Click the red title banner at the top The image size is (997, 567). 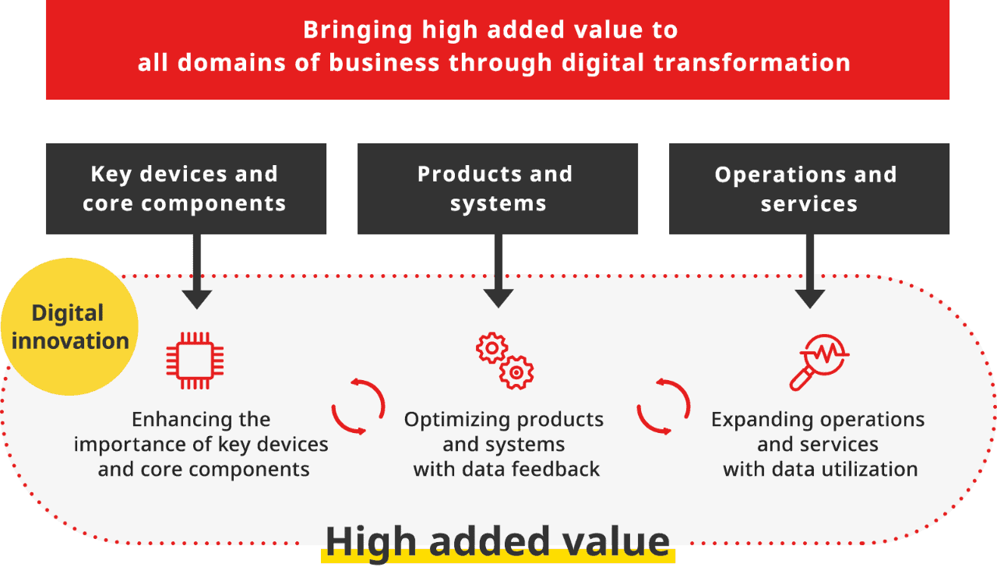click(497, 48)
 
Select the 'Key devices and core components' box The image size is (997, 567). click(185, 188)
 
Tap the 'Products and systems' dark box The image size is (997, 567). click(497, 188)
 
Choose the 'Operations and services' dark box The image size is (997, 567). click(809, 188)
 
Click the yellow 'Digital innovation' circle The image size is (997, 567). click(69, 326)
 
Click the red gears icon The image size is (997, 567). click(505, 361)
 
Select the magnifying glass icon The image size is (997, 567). click(818, 361)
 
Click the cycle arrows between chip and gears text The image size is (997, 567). click(358, 406)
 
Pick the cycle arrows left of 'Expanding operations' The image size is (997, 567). click(664, 406)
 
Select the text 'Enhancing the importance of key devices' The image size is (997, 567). click(201, 432)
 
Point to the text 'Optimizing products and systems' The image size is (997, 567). click(504, 432)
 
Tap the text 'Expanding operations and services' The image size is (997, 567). click(818, 432)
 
